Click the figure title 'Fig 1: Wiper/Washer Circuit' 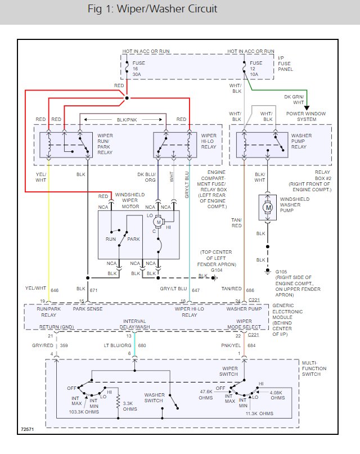click(152, 10)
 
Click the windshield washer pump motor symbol click(267, 208)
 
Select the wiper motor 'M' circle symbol click(159, 222)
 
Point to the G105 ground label click(281, 272)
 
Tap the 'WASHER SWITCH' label click(154, 398)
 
